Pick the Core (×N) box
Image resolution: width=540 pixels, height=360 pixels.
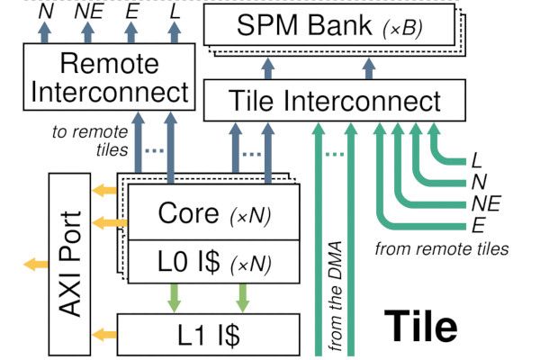213,214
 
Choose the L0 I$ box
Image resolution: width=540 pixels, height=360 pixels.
213,265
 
